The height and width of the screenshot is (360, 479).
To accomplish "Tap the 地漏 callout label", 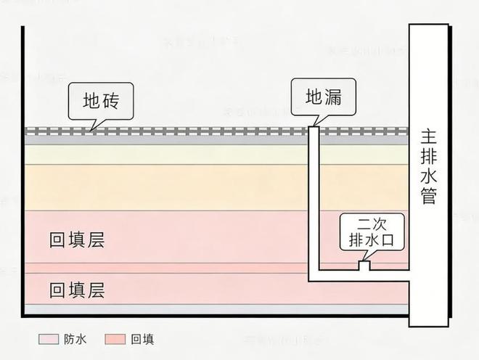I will [323, 97].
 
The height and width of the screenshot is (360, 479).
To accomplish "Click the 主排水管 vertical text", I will [428, 166].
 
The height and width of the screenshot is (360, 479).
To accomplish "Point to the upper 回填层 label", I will [77, 240].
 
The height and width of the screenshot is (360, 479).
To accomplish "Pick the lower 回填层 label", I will [77, 291].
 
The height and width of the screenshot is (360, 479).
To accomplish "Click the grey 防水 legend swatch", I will [48, 339].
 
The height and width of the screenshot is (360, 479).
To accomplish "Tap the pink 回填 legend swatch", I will [115, 339].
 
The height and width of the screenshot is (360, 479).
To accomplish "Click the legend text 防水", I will [75, 339].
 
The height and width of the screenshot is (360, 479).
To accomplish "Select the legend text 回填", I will [143, 339].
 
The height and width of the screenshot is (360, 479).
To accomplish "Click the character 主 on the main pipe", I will [428, 136].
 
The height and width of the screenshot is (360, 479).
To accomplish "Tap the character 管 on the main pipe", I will [428, 196].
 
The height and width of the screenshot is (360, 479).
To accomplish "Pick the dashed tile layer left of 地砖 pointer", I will [51, 132].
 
